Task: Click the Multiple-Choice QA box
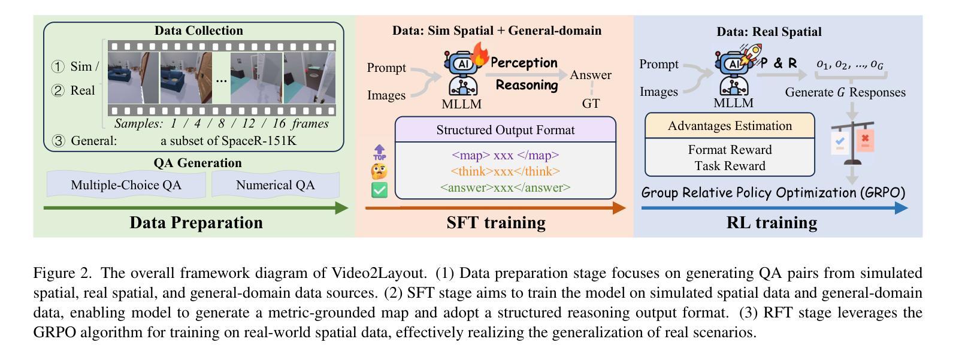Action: tap(126, 185)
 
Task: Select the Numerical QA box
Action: tap(275, 185)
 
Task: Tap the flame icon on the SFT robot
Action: tap(480, 55)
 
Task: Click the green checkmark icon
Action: tap(379, 190)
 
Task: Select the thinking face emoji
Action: tap(379, 172)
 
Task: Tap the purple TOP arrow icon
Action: tap(379, 153)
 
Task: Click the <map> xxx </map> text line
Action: tap(505, 155)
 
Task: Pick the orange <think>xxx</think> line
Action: tap(505, 171)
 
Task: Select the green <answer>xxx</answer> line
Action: tap(505, 187)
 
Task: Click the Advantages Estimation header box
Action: tap(730, 126)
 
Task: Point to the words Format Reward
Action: tap(730, 150)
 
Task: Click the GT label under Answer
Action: tap(591, 103)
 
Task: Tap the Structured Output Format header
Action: tap(505, 130)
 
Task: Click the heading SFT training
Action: tap(496, 223)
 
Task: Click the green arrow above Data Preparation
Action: tap(195, 208)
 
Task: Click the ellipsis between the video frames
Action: tap(221, 79)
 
